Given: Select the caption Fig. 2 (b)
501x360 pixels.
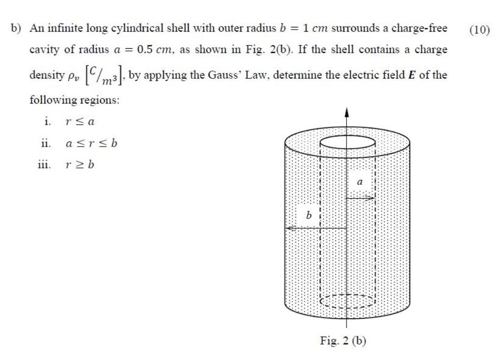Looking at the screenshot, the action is (343, 341).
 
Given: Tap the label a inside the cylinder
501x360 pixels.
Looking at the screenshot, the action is (359, 183).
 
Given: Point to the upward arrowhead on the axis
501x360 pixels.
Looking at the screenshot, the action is (347, 113).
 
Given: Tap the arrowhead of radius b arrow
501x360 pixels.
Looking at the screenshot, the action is (289, 228).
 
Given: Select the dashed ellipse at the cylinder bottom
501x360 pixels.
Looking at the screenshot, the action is (347, 301).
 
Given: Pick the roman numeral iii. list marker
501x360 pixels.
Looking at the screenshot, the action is (45, 165).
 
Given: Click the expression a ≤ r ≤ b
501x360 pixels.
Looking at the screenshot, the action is (91, 143).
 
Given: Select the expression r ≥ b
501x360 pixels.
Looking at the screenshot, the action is (80, 165).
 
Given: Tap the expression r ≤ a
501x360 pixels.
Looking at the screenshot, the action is (80, 122).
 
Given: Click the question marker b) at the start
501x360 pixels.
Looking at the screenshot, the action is (17, 28).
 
